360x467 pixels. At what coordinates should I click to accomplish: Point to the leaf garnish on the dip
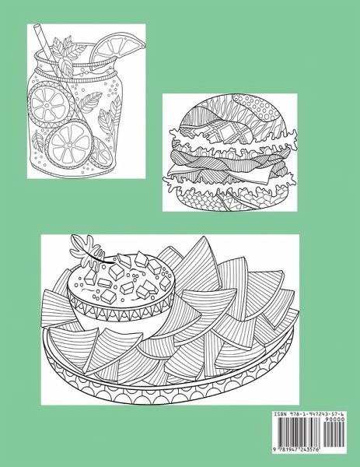pos(86,249)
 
